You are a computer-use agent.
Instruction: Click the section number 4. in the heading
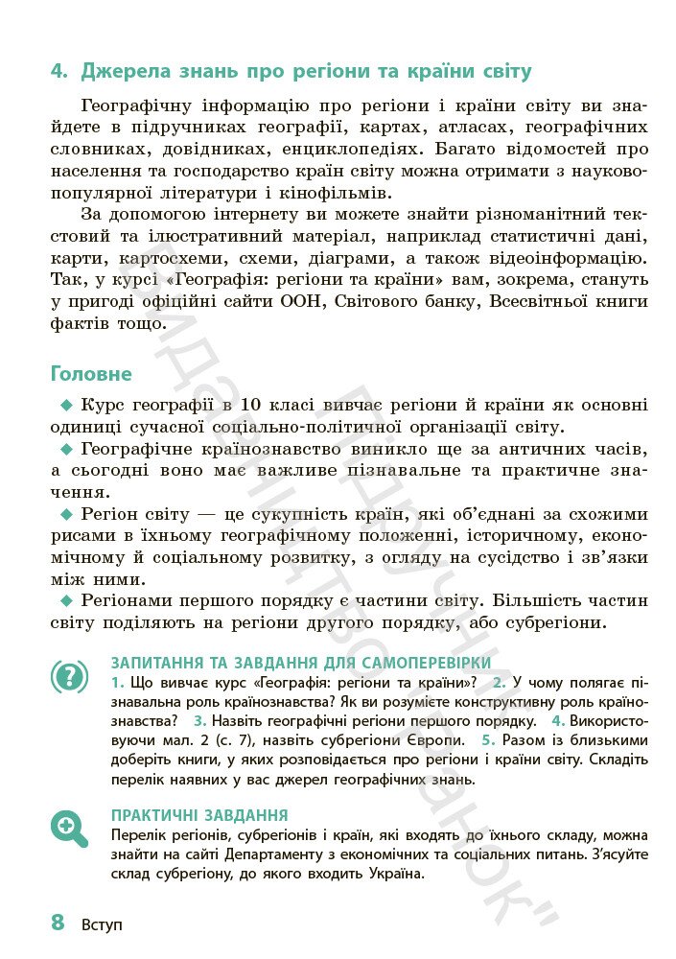(60, 72)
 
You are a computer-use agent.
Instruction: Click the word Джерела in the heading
(125, 72)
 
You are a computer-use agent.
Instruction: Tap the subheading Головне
(91, 373)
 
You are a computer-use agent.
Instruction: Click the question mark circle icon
(69, 677)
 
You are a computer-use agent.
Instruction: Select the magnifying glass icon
(69, 827)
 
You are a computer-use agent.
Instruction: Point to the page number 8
(58, 923)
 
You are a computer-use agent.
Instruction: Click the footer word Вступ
(103, 925)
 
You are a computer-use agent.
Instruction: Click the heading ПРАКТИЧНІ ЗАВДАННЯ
(200, 815)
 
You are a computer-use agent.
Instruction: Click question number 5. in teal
(488, 740)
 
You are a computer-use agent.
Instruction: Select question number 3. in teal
(199, 720)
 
